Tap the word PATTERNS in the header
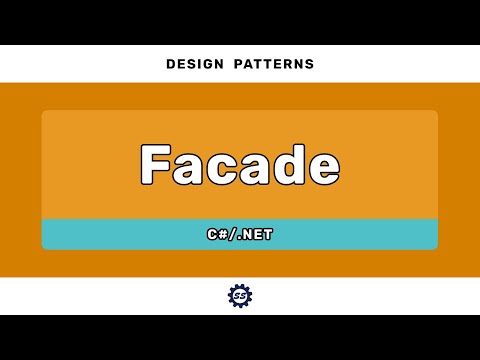click(274, 64)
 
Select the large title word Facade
click(240, 164)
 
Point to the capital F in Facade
click(156, 164)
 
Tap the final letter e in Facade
click(322, 167)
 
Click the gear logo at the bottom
click(240, 296)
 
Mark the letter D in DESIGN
click(170, 64)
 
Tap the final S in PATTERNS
click(310, 64)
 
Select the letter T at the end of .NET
click(269, 235)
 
